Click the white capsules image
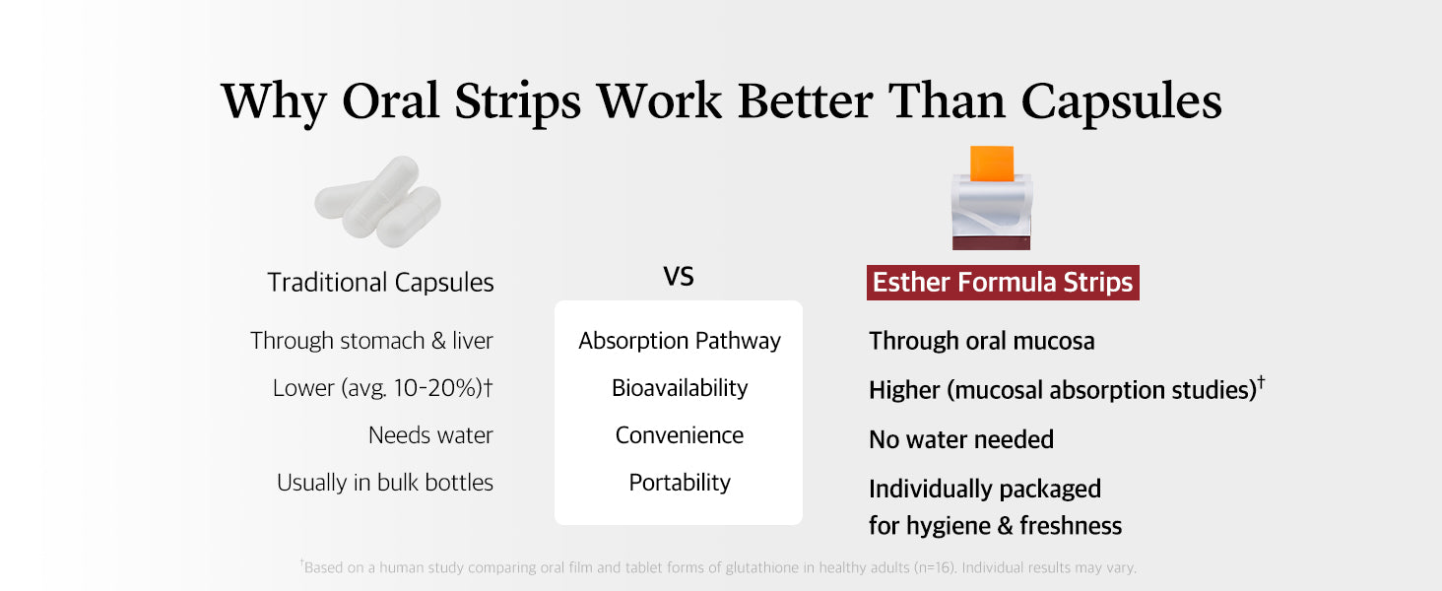[x=378, y=201]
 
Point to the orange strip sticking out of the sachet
[x=991, y=164]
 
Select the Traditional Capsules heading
[x=380, y=282]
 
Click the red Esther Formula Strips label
[x=1003, y=282]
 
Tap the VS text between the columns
[x=679, y=277]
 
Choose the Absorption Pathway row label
[x=680, y=341]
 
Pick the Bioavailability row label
[x=680, y=387]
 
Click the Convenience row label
[x=680, y=435]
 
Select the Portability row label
[x=680, y=483]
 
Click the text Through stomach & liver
[x=371, y=341]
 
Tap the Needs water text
[x=430, y=435]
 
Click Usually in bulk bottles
[x=385, y=483]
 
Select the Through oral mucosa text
[x=982, y=341]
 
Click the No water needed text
[x=961, y=439]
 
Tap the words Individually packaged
[x=985, y=490]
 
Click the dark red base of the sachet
[x=991, y=243]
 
